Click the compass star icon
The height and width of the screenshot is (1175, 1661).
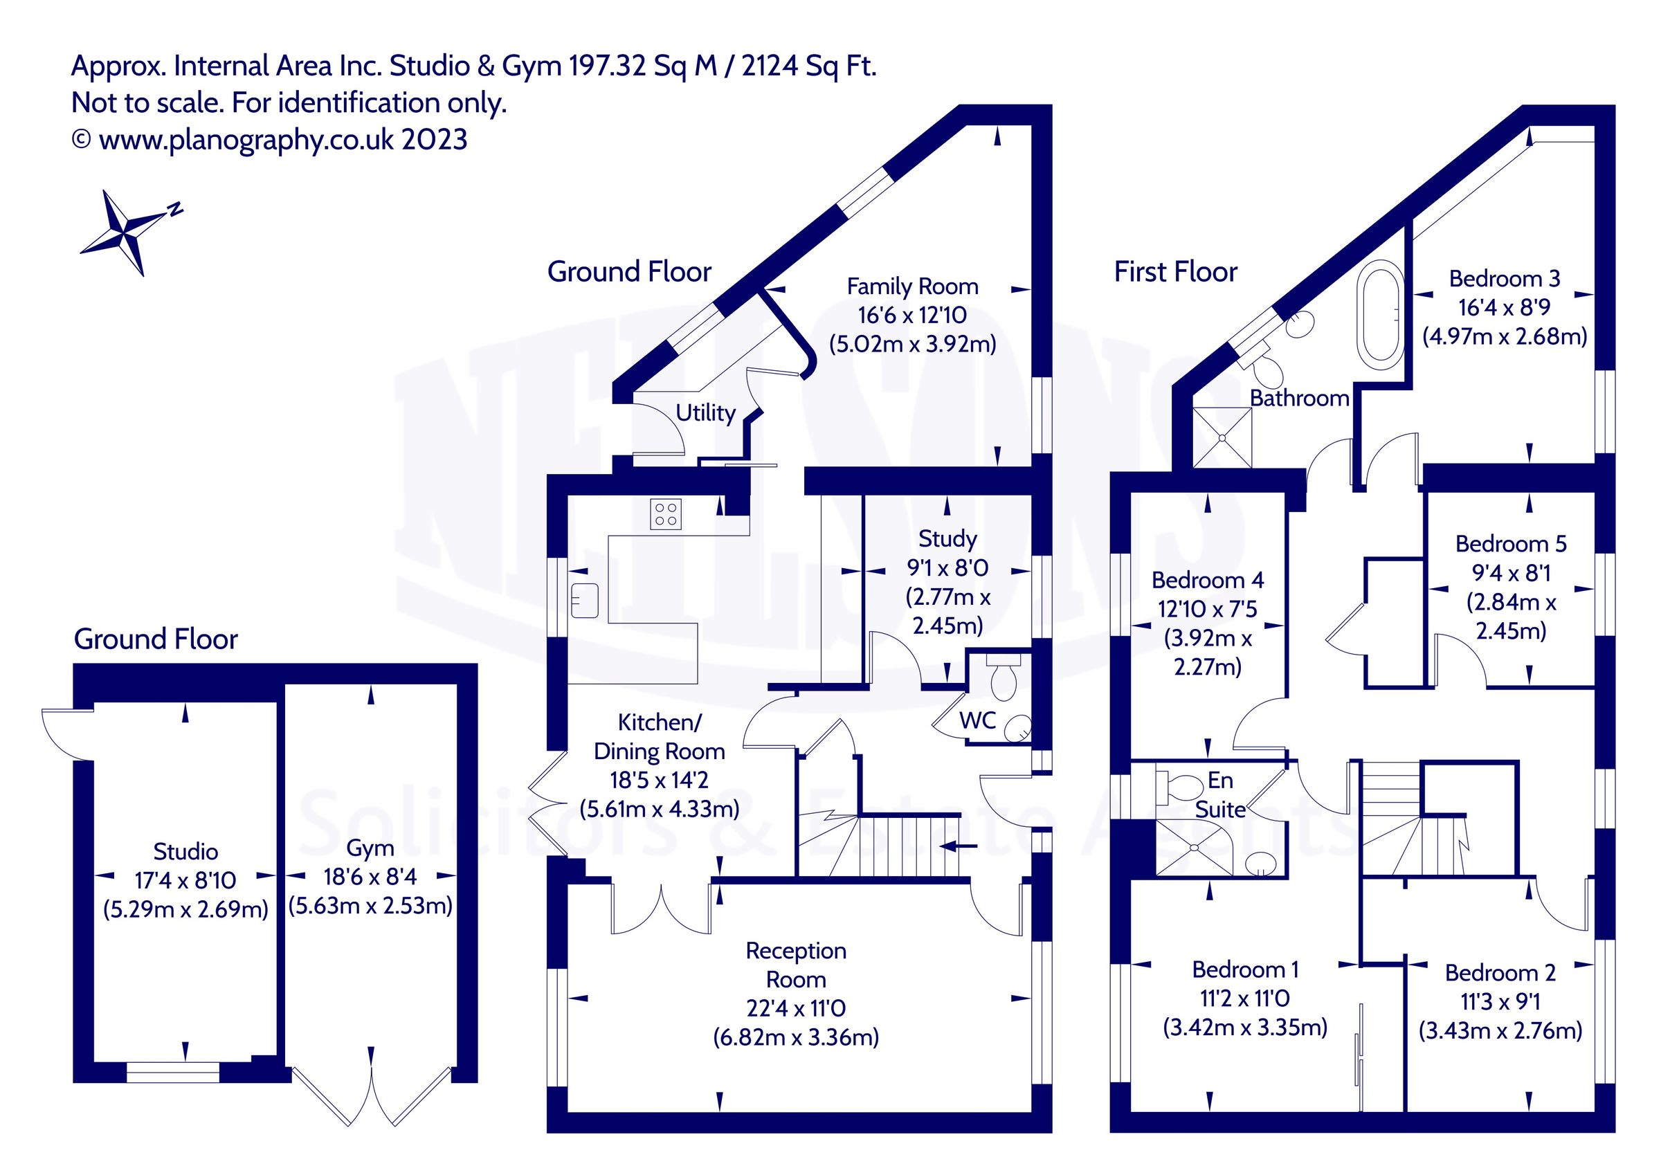click(x=125, y=233)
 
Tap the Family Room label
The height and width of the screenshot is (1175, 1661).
click(x=912, y=286)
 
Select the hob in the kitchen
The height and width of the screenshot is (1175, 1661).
click(x=665, y=514)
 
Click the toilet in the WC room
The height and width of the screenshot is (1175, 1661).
click(x=1004, y=679)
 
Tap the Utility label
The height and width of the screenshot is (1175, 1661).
click(x=705, y=413)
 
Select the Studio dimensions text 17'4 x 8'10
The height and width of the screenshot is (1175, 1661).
click(x=185, y=880)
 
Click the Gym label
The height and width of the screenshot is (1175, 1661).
click(x=370, y=848)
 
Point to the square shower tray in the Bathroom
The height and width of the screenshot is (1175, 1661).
click(x=1222, y=438)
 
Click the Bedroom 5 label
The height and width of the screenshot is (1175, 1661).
click(x=1511, y=543)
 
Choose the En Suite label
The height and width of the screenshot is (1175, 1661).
click(x=1219, y=794)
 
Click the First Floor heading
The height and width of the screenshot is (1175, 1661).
click(x=1175, y=272)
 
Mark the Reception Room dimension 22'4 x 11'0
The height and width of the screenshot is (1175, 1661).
click(x=796, y=1008)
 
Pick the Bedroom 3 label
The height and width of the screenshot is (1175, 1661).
click(x=1504, y=279)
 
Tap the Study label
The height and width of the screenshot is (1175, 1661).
click(x=947, y=538)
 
